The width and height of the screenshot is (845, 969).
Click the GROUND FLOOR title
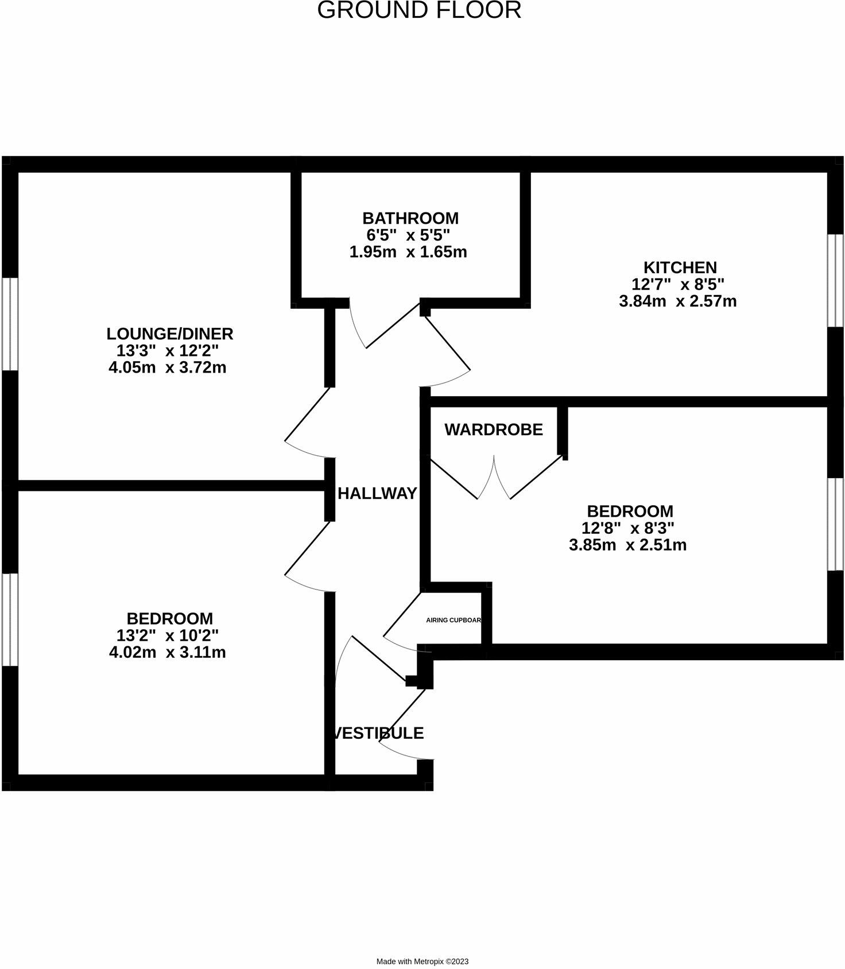pos(419,10)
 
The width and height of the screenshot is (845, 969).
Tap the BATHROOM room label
pos(410,218)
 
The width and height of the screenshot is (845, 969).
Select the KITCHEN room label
pos(680,268)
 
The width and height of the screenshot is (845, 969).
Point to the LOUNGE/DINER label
pos(170,334)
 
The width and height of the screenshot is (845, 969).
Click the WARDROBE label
pos(494,429)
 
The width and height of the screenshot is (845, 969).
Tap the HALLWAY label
pos(377,493)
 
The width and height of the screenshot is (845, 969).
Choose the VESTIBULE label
pos(379,733)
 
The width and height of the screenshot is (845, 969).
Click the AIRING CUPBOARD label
pos(453,621)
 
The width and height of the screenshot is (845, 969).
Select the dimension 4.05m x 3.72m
pos(167,367)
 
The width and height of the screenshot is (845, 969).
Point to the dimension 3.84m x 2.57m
pos(677,301)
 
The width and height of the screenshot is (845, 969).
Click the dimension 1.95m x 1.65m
pos(408,251)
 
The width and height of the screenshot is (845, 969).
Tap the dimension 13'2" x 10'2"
pos(168,635)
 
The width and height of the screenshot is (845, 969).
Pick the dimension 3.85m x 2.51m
pos(627,545)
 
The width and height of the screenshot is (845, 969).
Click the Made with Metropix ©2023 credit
pos(422,962)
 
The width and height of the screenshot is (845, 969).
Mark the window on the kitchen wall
pos(836,281)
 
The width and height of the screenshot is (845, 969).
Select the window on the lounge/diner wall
pos(9,324)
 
